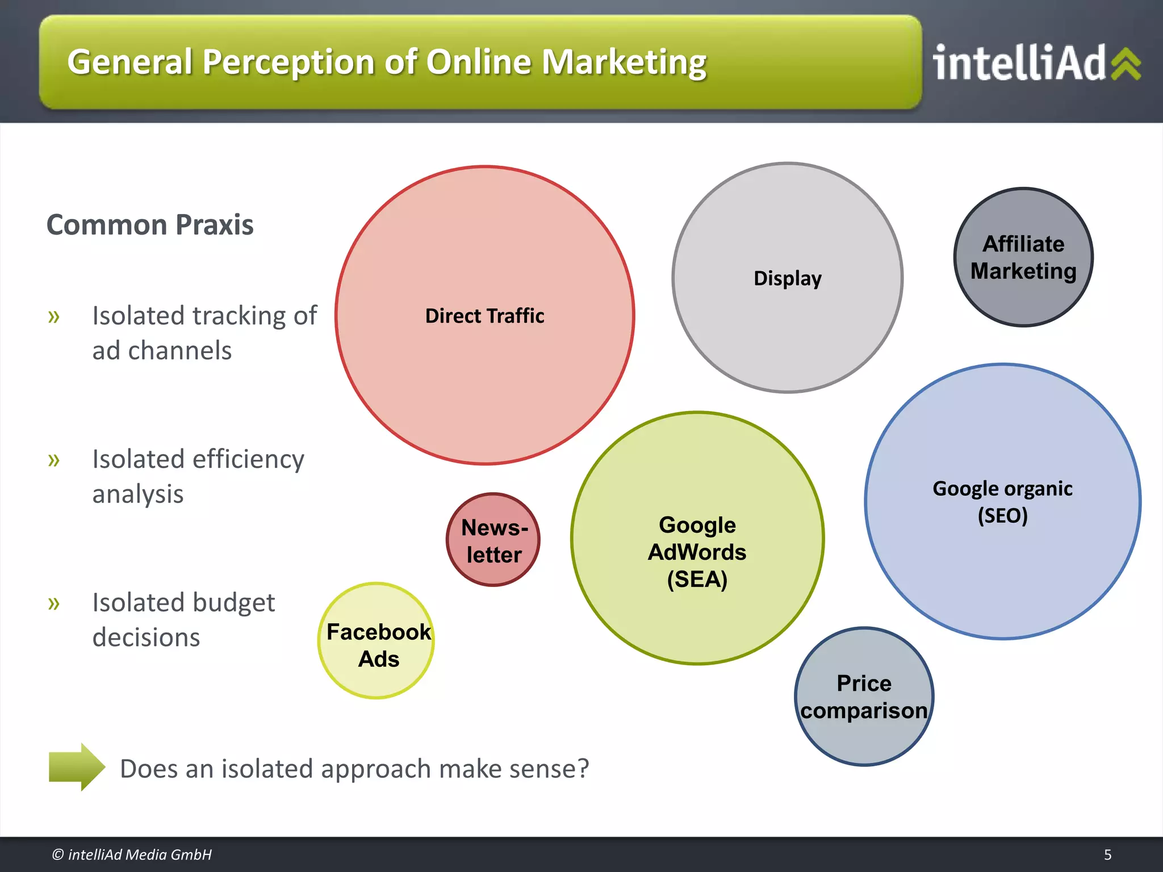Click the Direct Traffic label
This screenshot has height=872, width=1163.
coord(484,316)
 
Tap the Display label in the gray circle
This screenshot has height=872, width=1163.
coord(787,278)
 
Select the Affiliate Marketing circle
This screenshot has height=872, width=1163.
coord(1023,257)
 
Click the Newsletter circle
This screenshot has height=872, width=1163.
coord(493,540)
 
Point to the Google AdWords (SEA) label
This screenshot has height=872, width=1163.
coord(697,552)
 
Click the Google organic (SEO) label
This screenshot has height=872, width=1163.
coord(1002,502)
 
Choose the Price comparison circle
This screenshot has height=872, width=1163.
coord(864,697)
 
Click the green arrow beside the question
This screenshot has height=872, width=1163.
coord(77,767)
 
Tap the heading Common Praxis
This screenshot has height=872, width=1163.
coord(150,225)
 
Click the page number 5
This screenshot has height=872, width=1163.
coord(1107,854)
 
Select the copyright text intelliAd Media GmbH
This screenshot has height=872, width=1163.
coord(132,854)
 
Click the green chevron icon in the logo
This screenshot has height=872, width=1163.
coord(1126,64)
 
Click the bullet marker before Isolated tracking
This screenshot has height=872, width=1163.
coord(54,316)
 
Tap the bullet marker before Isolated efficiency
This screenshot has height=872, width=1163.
coord(54,459)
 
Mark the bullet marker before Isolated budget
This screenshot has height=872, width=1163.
coord(54,603)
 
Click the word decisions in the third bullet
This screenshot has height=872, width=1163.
coord(147,638)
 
